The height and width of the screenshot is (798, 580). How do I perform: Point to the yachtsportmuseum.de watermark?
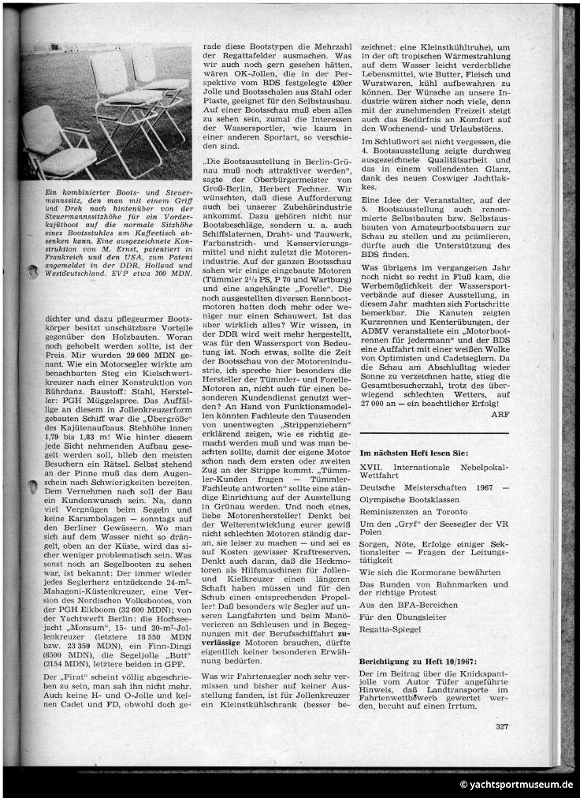(x=517, y=785)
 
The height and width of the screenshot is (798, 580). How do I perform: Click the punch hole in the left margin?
(x=32, y=272)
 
